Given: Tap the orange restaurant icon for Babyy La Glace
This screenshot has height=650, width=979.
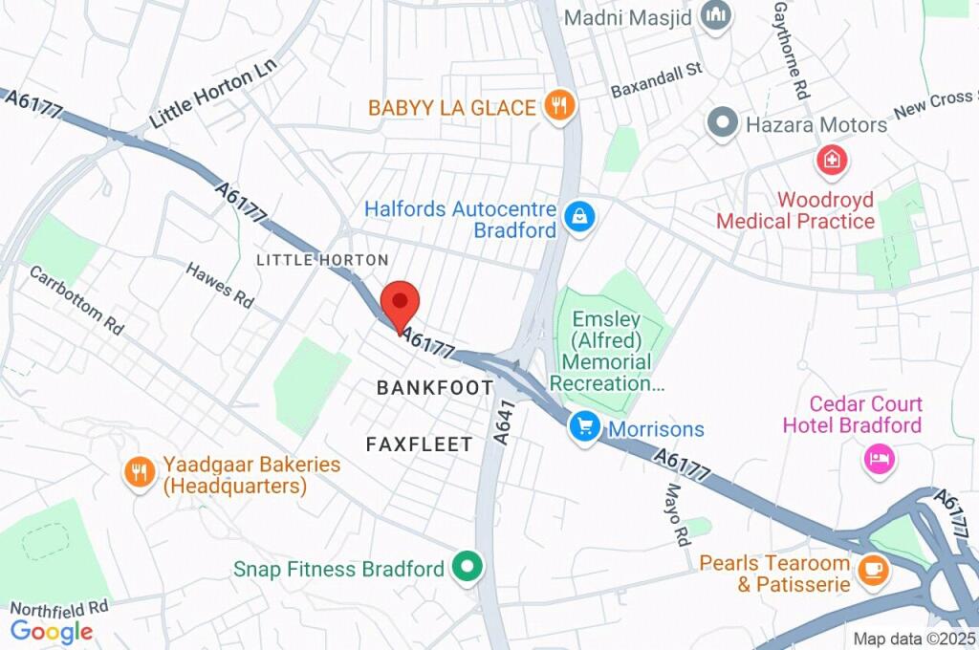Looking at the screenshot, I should click(x=558, y=106).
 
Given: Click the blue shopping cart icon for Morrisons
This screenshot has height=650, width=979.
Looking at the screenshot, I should click(x=583, y=427).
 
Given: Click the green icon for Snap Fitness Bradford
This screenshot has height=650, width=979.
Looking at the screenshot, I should click(x=468, y=568).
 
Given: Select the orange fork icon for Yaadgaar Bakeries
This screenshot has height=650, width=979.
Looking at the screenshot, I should click(x=140, y=471).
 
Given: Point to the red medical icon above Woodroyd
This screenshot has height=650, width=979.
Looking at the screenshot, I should click(x=832, y=161).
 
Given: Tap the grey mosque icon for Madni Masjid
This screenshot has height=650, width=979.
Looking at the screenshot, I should click(x=715, y=16).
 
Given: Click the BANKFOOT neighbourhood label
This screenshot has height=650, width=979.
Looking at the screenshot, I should click(x=435, y=388).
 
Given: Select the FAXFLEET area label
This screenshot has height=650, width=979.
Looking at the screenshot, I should click(x=420, y=444).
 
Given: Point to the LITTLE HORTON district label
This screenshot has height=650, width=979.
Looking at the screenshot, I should click(x=322, y=260).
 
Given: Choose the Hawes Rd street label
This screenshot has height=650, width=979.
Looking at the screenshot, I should click(x=220, y=285).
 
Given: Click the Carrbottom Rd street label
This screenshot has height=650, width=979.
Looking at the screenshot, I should click(x=76, y=299).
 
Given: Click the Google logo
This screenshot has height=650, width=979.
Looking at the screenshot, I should click(x=52, y=631).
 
